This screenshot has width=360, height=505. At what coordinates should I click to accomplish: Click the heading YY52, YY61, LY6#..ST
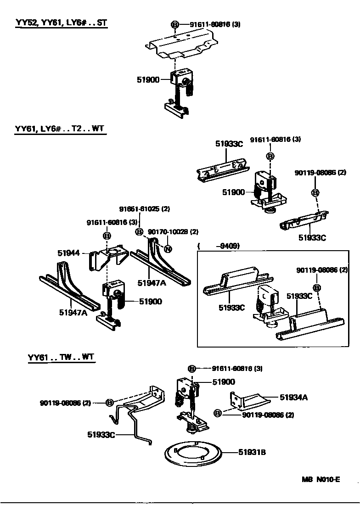(x=61, y=22)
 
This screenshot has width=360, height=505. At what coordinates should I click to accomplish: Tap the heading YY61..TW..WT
(x=61, y=357)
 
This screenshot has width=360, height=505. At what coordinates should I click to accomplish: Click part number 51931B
(x=252, y=453)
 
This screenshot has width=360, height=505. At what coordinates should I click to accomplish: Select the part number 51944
(x=69, y=253)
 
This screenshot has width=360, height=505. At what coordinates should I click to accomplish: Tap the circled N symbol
(x=168, y=249)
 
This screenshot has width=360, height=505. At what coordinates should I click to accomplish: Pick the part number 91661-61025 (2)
(x=145, y=209)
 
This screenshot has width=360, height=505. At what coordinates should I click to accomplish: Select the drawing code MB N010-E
(x=321, y=480)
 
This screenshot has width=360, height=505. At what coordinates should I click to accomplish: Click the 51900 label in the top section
(x=147, y=79)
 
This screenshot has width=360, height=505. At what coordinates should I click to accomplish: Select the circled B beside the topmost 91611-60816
(x=175, y=25)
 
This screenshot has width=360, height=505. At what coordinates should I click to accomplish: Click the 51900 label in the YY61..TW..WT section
(x=224, y=382)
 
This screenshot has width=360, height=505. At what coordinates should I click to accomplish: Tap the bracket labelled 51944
(x=108, y=256)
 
